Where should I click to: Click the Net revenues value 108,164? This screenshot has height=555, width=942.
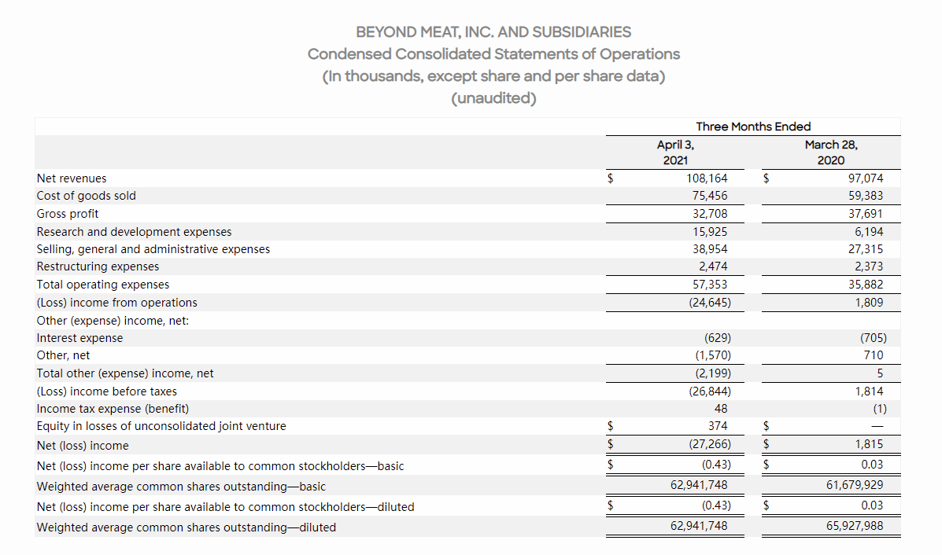(707, 178)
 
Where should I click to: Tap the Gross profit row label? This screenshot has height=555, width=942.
(68, 214)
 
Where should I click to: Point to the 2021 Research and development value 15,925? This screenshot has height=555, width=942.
(711, 232)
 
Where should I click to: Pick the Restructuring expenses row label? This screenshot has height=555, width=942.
(98, 266)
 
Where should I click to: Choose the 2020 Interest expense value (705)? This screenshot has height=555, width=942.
(872, 338)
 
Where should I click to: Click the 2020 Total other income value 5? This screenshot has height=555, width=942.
(879, 373)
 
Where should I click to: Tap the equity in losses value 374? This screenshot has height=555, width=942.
(717, 426)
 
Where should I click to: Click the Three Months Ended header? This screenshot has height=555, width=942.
(753, 127)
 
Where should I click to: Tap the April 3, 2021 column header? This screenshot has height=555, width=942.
(674, 153)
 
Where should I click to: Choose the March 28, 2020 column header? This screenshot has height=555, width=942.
(831, 153)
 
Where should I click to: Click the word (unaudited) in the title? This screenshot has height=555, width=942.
(493, 99)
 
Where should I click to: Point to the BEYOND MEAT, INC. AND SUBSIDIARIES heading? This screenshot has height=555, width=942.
(493, 32)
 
